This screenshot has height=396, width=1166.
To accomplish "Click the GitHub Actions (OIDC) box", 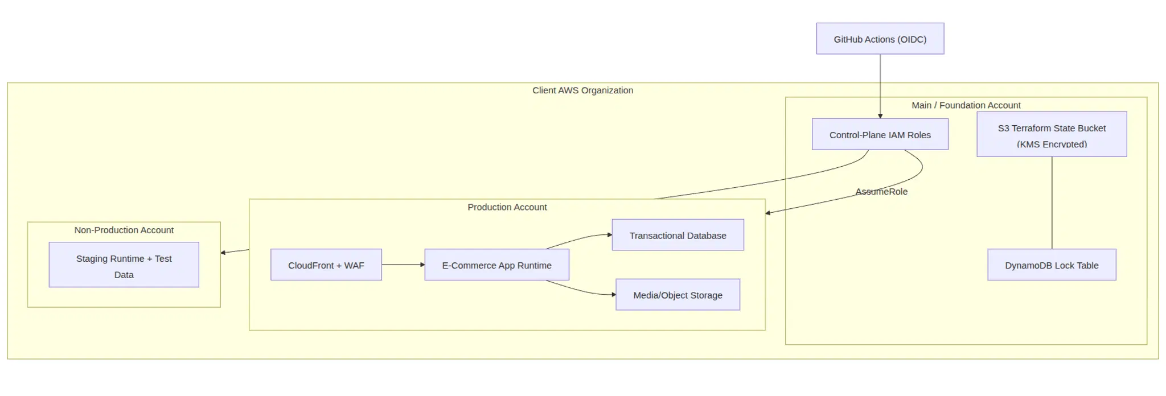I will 880,39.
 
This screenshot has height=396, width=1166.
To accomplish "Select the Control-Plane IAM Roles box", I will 880,134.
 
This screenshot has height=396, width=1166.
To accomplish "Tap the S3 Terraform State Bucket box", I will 1051,134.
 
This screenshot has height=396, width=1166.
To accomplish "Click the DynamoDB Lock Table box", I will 1051,265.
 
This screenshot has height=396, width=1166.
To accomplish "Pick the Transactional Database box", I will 678,235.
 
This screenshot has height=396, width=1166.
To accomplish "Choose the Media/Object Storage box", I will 678,295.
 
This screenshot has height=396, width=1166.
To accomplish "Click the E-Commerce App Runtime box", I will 496,265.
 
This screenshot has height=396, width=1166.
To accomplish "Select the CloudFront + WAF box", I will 326,265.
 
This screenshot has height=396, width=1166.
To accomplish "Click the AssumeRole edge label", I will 881,192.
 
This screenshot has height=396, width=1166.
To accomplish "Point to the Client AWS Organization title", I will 582,90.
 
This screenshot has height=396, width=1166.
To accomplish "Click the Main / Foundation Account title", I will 966,105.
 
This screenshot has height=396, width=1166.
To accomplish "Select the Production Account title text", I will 507,207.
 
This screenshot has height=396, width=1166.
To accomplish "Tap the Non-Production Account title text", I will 124,230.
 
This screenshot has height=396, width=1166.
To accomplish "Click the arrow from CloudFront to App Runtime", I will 403,265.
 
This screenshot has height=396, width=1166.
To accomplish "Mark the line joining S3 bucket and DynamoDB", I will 1052,202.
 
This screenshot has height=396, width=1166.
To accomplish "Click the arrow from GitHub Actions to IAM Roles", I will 880,85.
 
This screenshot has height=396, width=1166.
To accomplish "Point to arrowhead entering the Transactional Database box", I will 609,234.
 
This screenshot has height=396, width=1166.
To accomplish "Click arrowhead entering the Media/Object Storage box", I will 613,295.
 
